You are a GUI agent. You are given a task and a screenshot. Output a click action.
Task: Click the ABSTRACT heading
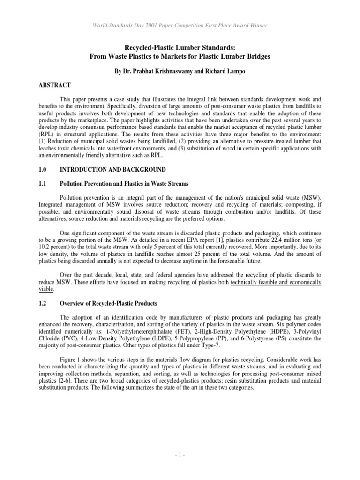pos(54,85)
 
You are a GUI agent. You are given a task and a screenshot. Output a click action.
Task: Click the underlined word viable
pos(45,289)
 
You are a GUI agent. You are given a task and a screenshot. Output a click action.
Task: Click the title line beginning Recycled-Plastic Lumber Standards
pos(180,48)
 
